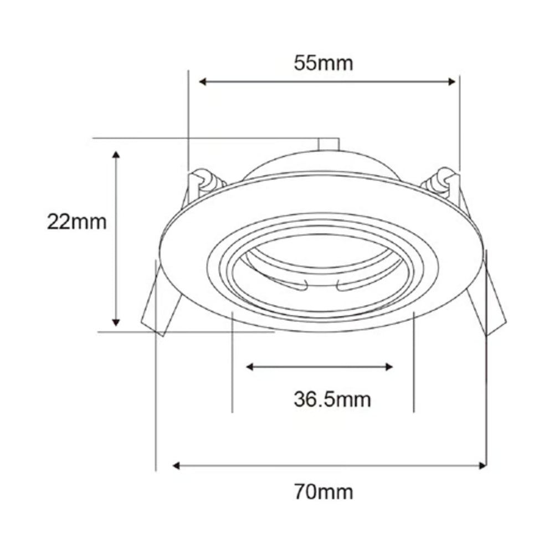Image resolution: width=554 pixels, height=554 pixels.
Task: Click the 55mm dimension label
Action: pos(324,63)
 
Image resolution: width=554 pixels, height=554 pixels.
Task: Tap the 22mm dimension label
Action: pos(76,222)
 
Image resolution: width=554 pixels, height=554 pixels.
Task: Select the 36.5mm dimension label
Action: pos(332,399)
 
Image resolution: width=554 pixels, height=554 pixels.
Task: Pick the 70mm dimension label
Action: pos(324,492)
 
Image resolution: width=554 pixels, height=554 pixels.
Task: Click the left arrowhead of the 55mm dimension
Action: pos(202,82)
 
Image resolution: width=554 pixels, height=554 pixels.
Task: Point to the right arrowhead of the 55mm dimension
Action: pos(452,82)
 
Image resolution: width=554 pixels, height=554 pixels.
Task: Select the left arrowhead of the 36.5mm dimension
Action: pos(250,367)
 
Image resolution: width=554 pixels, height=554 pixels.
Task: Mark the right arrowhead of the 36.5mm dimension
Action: pos(389,367)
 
